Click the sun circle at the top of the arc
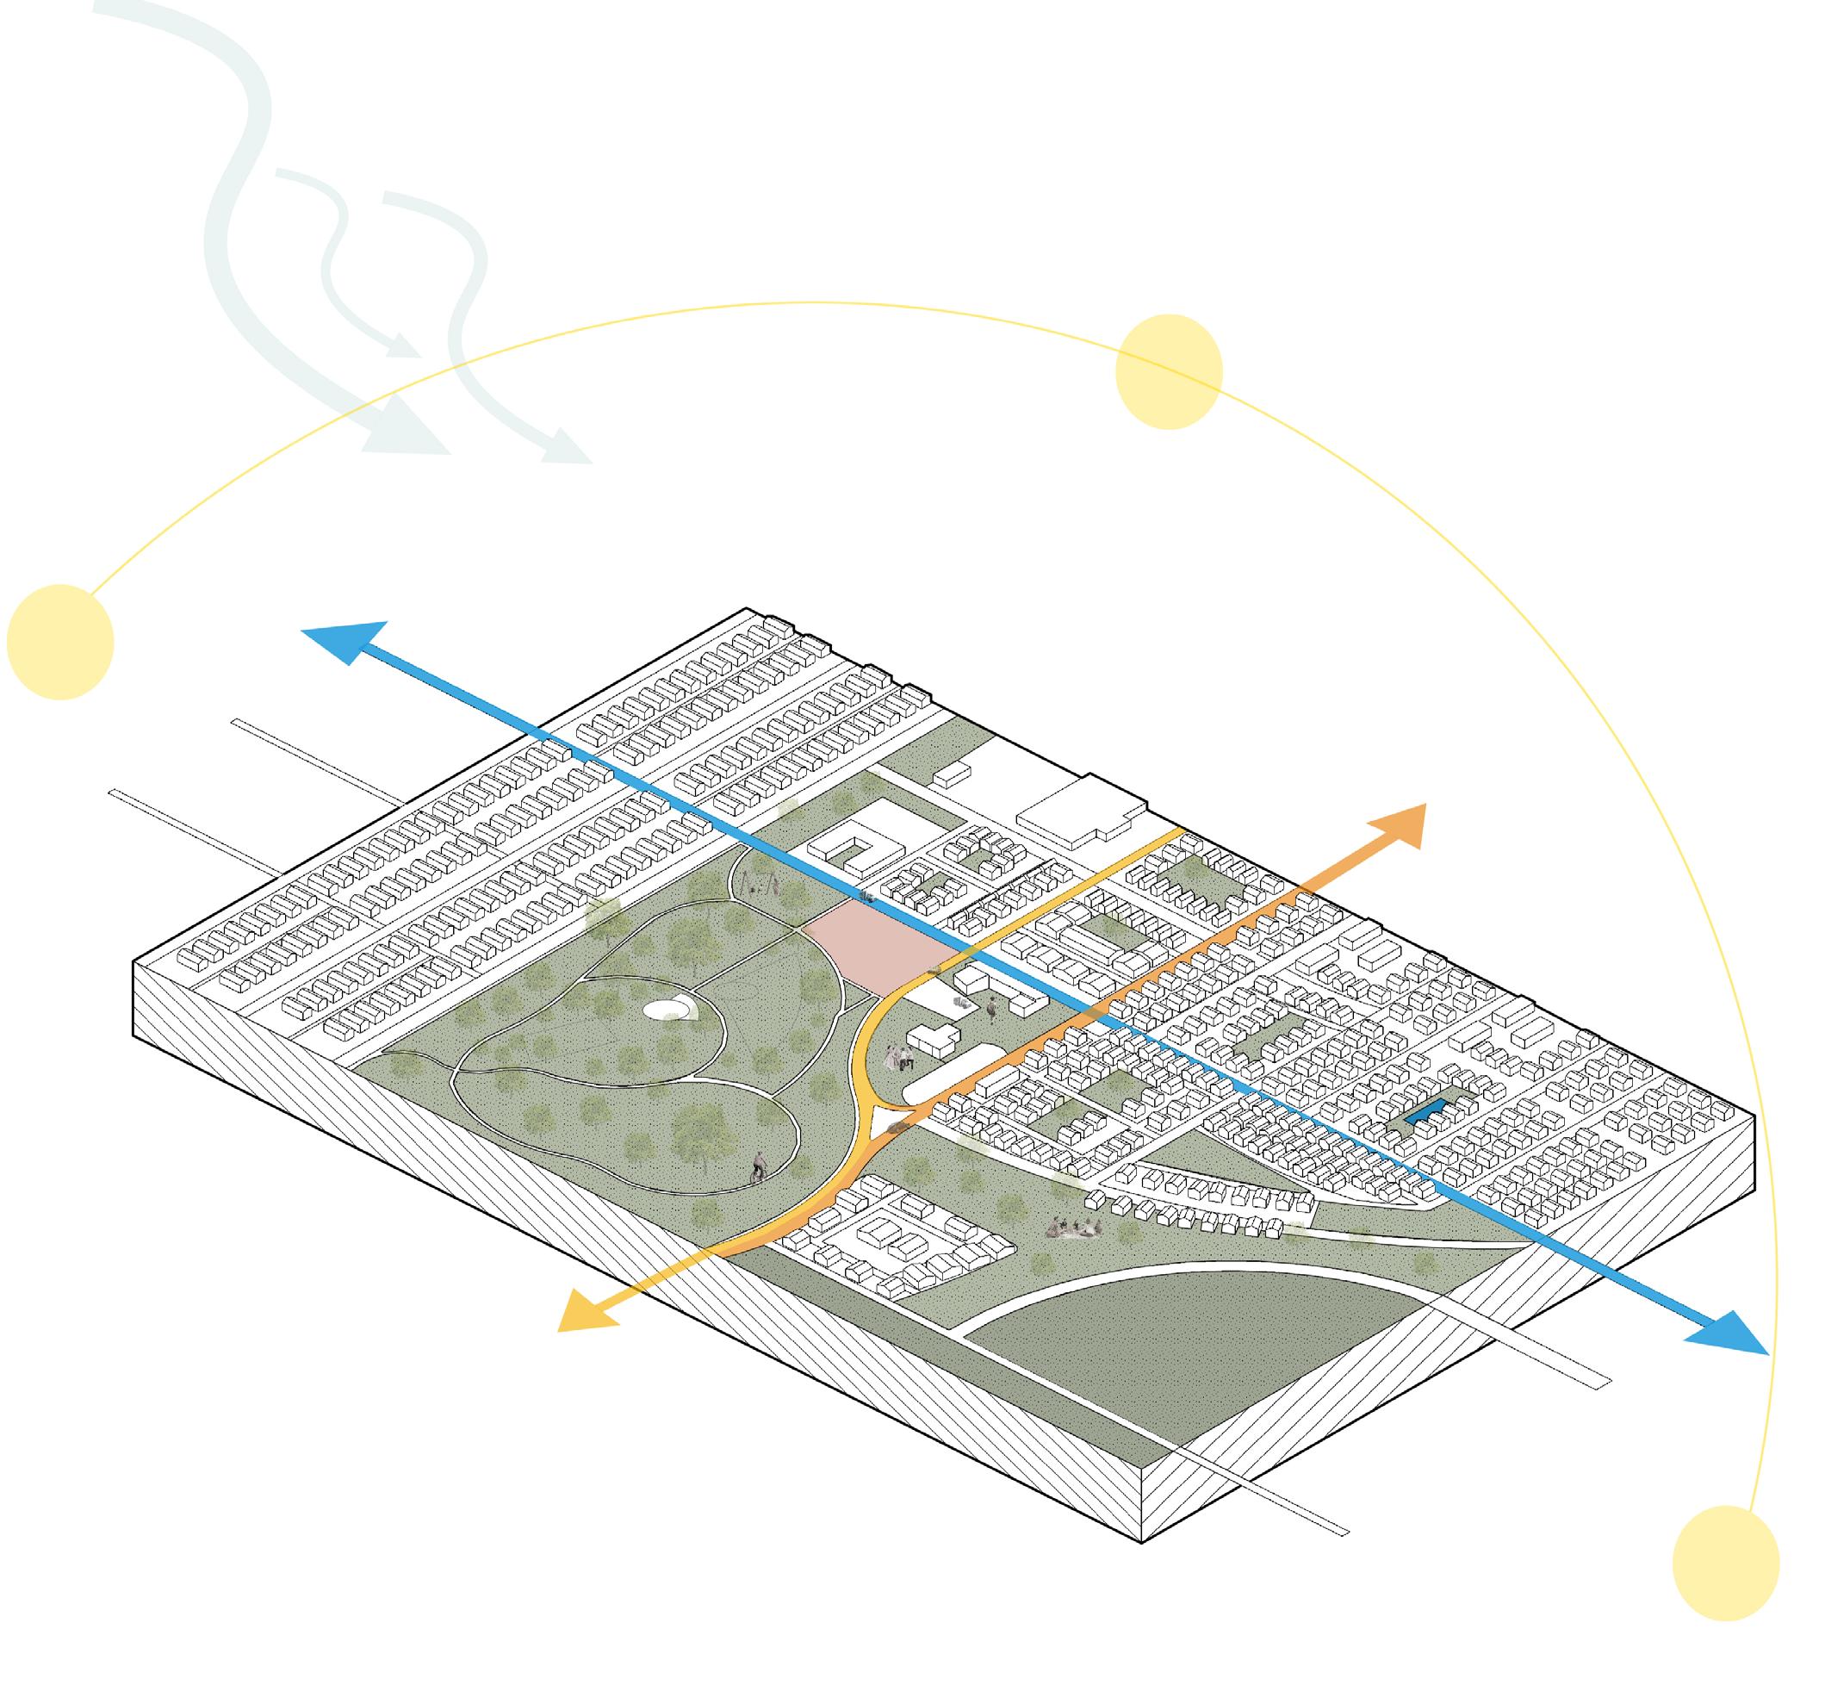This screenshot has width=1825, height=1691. click(x=1168, y=371)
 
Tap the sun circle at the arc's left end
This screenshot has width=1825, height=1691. click(x=59, y=642)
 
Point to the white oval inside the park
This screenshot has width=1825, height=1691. click(x=667, y=1009)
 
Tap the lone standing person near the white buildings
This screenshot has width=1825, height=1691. click(x=991, y=1010)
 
